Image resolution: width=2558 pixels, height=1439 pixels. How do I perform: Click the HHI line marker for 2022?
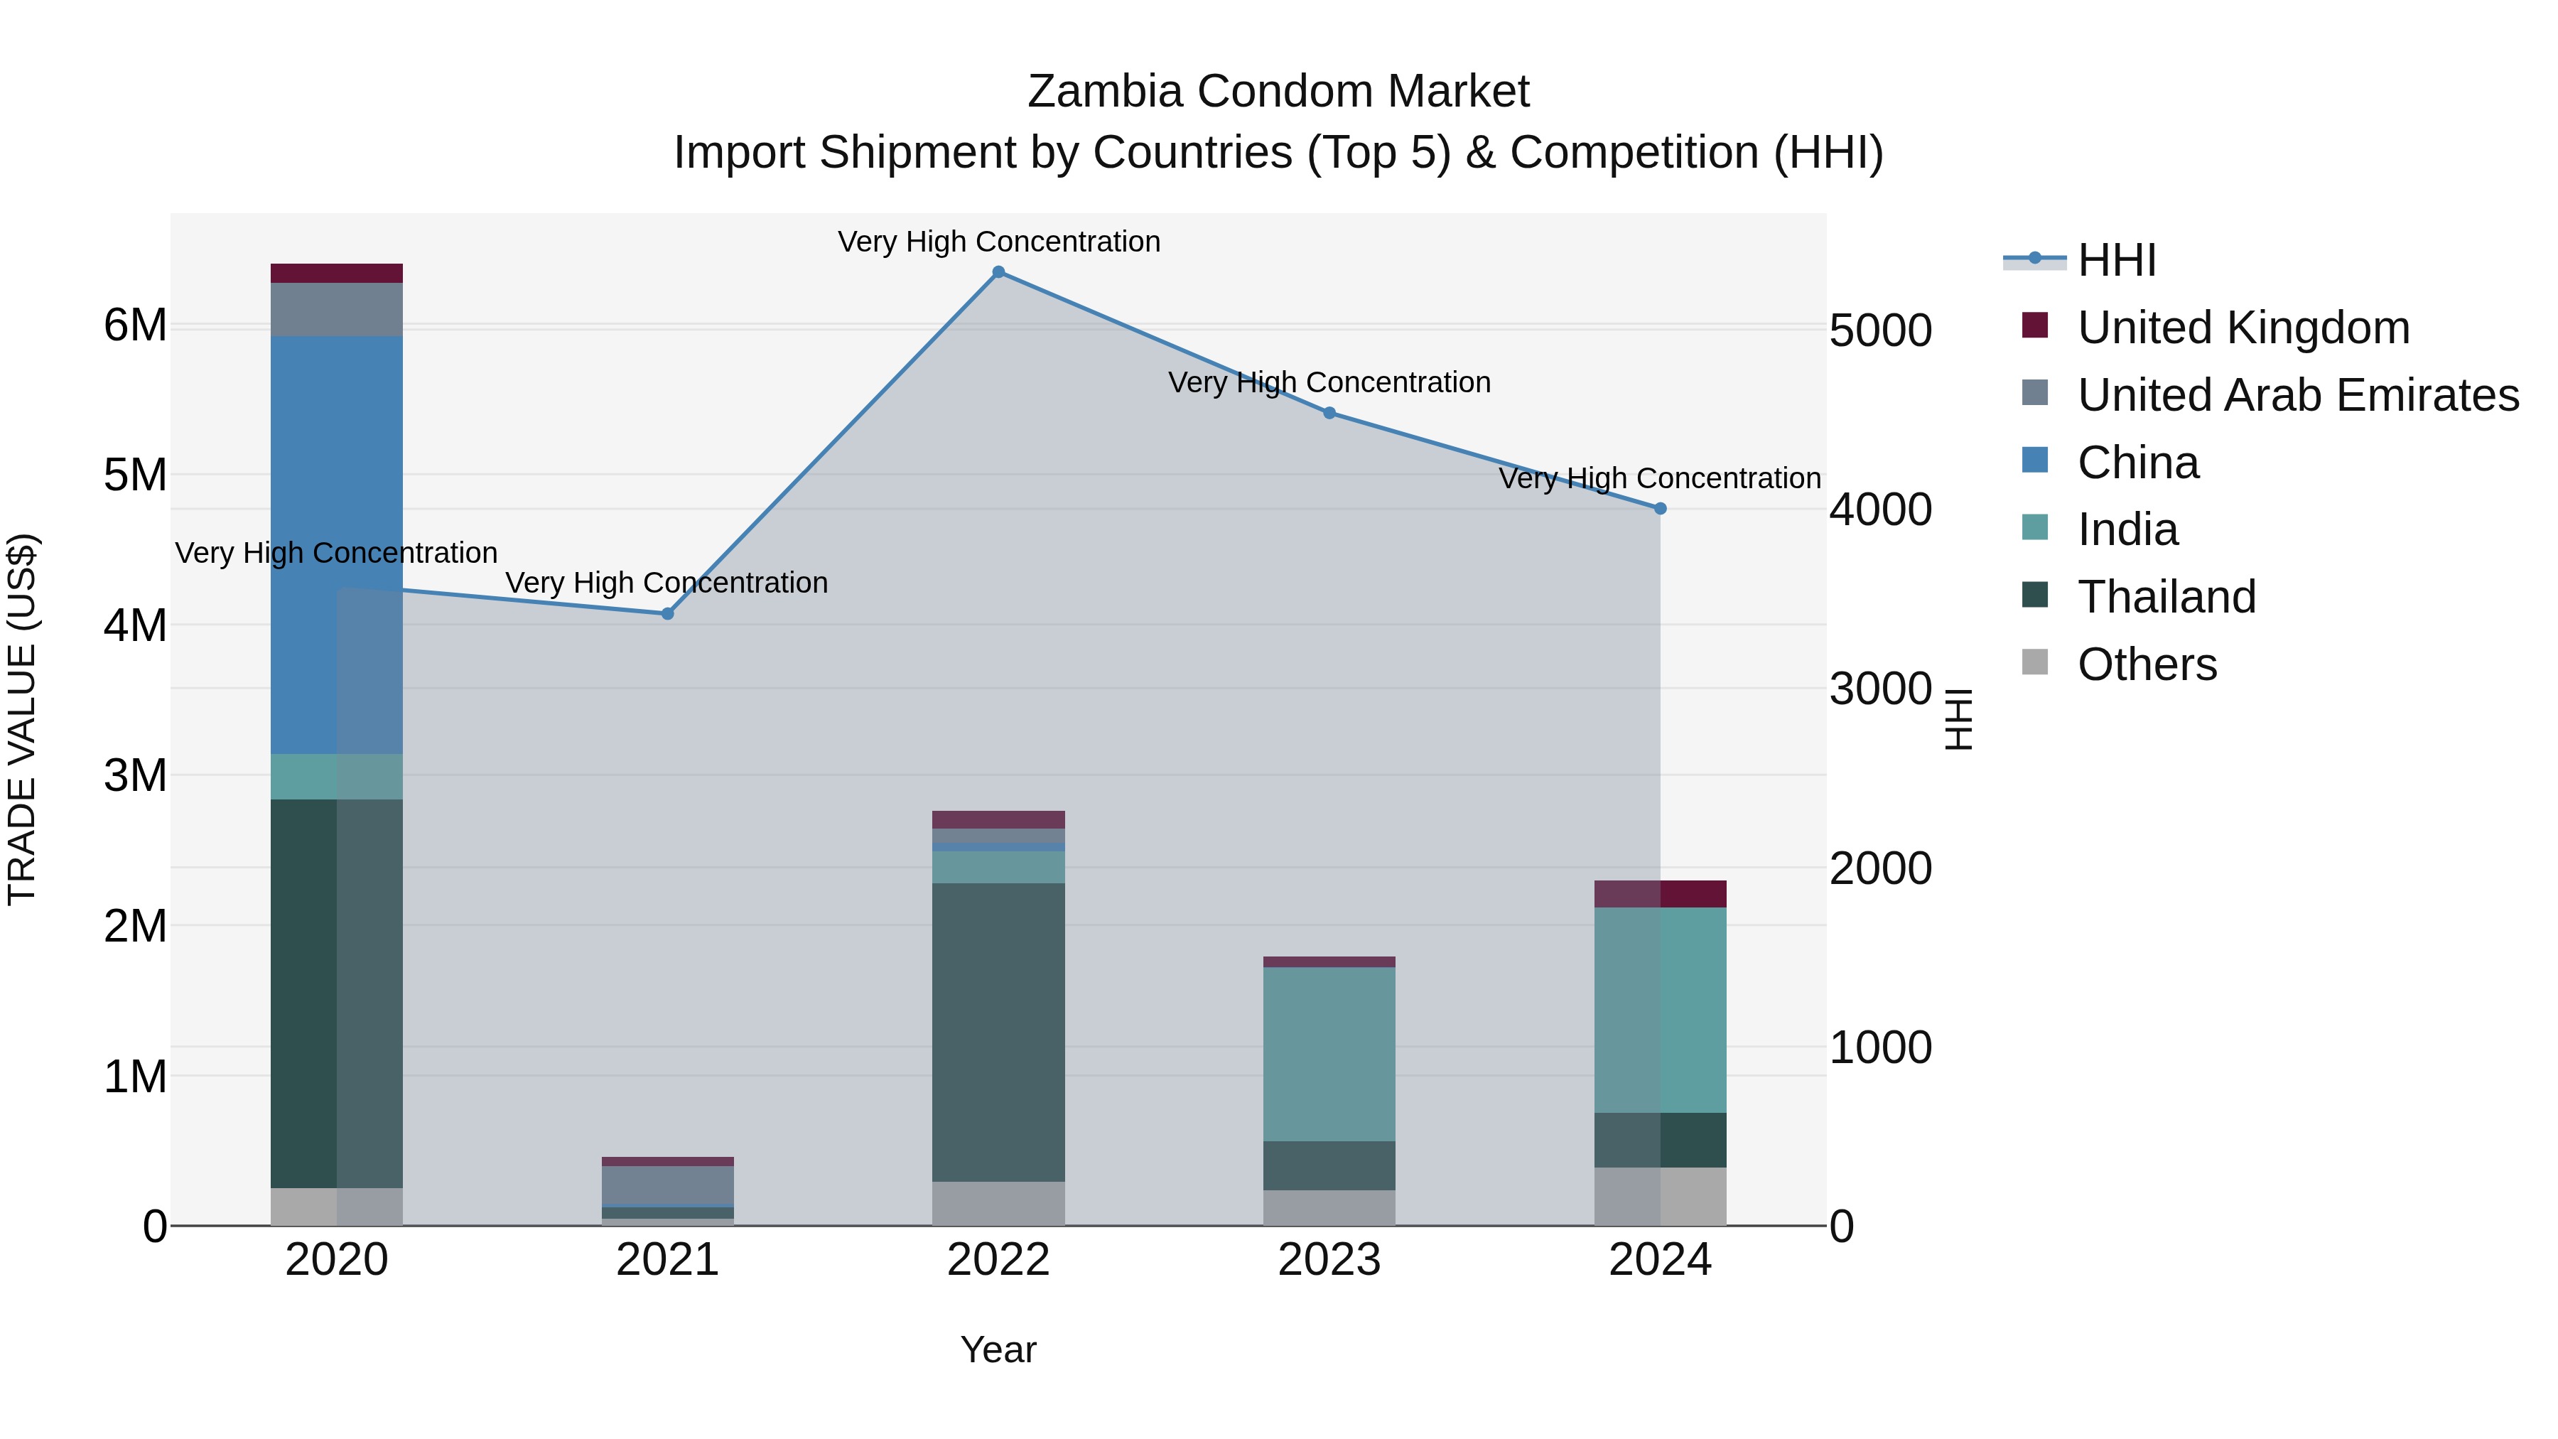(x=998, y=272)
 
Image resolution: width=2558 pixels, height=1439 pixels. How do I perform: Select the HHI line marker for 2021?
(x=667, y=614)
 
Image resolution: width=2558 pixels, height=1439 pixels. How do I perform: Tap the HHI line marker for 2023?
(x=1329, y=413)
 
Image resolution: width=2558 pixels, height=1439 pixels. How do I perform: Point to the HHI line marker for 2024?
(x=1661, y=509)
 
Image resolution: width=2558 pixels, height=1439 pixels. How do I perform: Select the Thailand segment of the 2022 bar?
(x=998, y=1033)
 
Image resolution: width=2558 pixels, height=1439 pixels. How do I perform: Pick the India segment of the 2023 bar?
(x=1329, y=1052)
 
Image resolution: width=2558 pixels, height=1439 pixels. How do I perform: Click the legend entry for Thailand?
(x=2166, y=597)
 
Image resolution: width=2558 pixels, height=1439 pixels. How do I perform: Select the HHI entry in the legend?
(x=2115, y=260)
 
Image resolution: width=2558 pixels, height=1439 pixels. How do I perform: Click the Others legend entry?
(x=2146, y=664)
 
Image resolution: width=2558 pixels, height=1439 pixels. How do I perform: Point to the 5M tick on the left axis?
(x=135, y=475)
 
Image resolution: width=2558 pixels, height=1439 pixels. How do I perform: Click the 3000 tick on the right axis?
(x=1879, y=689)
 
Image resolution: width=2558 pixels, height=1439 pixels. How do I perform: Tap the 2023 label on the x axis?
(x=1329, y=1260)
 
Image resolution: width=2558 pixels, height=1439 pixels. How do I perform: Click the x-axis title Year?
(x=998, y=1349)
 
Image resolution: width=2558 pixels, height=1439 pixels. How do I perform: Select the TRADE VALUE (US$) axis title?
(x=22, y=719)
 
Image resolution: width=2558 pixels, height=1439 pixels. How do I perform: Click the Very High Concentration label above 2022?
(x=998, y=242)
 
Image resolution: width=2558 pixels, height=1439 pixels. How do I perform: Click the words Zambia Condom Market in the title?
(x=1278, y=92)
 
